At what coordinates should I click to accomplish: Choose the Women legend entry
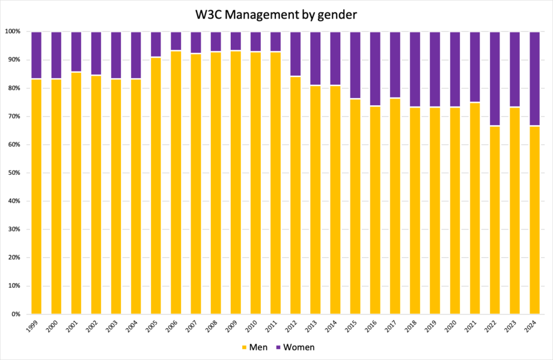pyautogui.click(x=298, y=347)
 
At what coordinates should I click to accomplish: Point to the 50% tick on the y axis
pyautogui.click(x=14, y=172)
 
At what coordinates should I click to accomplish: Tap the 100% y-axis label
pyautogui.click(x=13, y=31)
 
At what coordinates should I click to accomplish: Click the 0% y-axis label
pyautogui.click(x=16, y=314)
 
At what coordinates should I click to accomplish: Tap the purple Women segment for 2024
pyautogui.click(x=534, y=78)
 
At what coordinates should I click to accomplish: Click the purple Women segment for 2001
pyautogui.click(x=76, y=51)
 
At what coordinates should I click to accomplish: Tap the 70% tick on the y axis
pyautogui.click(x=14, y=116)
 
